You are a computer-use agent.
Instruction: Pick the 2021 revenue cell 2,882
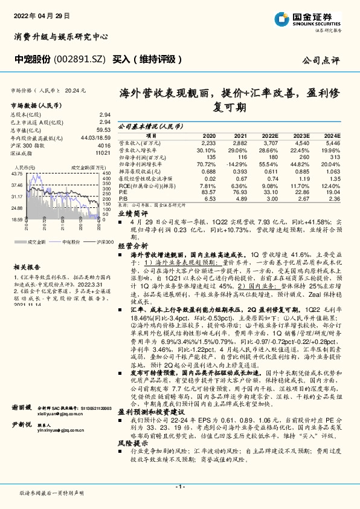click(x=240, y=142)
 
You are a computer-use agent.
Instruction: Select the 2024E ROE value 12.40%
click(x=332, y=186)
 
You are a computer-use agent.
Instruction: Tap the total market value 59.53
click(x=103, y=129)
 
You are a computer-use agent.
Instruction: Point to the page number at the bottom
click(x=179, y=486)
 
